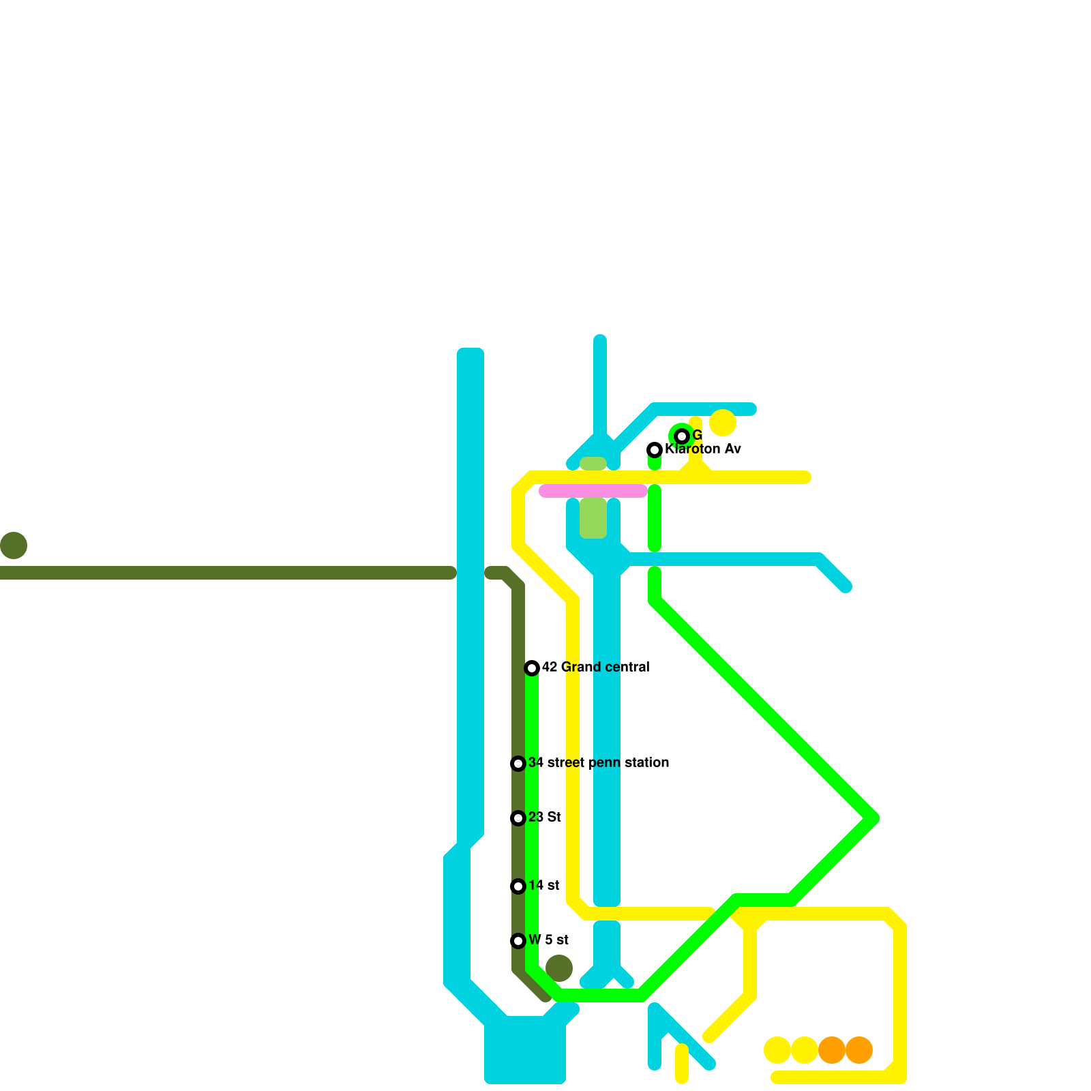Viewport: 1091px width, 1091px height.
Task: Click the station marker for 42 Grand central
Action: [532, 668]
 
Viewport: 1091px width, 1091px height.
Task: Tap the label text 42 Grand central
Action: [595, 667]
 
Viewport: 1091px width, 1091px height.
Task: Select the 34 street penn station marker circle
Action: [518, 764]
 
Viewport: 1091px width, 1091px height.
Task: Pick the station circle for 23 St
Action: [518, 818]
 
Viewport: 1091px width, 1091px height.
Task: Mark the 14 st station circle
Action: [518, 886]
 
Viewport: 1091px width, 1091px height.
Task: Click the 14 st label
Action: [543, 885]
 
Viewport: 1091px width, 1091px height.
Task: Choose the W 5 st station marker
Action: [518, 941]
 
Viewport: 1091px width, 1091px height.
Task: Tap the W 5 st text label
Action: [548, 940]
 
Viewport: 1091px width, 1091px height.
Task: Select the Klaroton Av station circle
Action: [655, 450]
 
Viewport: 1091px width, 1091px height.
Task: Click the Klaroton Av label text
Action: [702, 449]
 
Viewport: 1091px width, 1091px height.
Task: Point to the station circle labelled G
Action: [682, 436]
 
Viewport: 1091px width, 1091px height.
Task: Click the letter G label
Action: [697, 435]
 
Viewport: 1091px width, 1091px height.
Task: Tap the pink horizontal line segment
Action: [593, 491]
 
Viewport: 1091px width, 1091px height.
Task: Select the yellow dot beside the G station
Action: [723, 423]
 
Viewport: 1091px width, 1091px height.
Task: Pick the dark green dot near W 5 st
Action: [559, 968]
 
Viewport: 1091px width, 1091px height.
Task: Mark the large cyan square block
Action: [525, 1050]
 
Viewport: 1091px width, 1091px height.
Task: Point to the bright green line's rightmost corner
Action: [873, 818]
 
